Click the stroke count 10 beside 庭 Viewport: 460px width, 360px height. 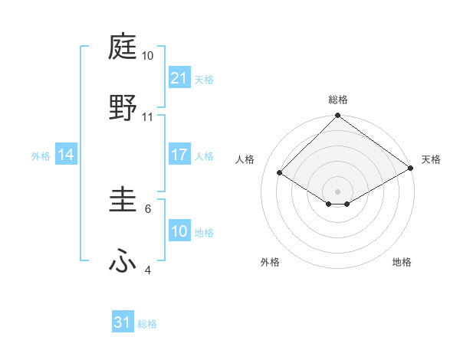148,56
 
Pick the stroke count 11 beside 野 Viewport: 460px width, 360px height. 148,116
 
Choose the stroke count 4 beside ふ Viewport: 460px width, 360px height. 148,270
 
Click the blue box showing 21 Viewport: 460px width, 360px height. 179,77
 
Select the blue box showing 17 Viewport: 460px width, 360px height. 179,155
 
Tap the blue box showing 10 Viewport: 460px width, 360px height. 179,231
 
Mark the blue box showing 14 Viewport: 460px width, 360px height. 66,155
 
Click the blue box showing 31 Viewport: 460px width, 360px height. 123,322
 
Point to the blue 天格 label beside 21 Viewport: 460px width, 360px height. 204,79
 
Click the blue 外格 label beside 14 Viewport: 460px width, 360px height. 41,155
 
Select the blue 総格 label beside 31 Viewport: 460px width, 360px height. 147,324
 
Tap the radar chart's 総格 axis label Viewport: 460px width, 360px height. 338,100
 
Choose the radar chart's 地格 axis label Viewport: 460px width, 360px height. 402,262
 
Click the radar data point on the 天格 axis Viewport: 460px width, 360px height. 412,169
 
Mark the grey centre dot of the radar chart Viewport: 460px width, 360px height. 338,191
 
